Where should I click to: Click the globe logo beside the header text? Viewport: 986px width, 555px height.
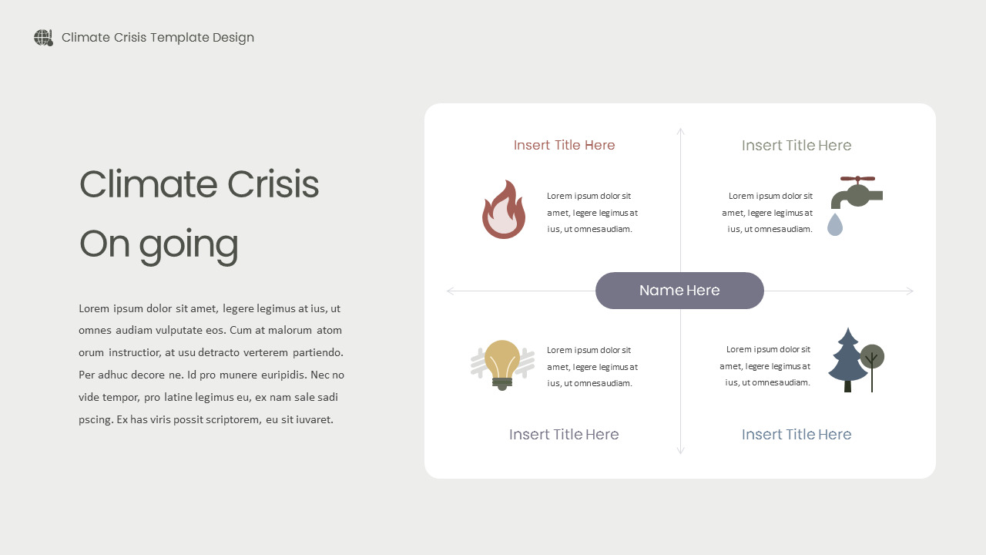tap(43, 38)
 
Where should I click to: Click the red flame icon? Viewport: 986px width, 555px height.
tap(504, 210)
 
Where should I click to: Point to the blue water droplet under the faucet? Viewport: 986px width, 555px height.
tap(835, 224)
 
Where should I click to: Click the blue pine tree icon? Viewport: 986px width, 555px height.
tap(847, 359)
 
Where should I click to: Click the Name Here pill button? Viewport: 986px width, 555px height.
tap(679, 291)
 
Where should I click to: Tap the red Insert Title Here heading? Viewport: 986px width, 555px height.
tap(564, 145)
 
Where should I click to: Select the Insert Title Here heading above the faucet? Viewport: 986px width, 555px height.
tap(797, 146)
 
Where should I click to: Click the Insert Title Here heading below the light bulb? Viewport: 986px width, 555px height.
tap(564, 435)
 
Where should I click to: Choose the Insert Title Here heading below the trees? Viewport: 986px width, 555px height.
tap(797, 435)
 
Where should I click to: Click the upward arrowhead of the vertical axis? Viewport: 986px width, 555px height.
tap(680, 130)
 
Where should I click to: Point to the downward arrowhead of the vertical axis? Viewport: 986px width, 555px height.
tap(680, 452)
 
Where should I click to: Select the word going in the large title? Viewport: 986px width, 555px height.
tap(189, 245)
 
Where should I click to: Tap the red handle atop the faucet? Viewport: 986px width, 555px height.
tap(857, 179)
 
